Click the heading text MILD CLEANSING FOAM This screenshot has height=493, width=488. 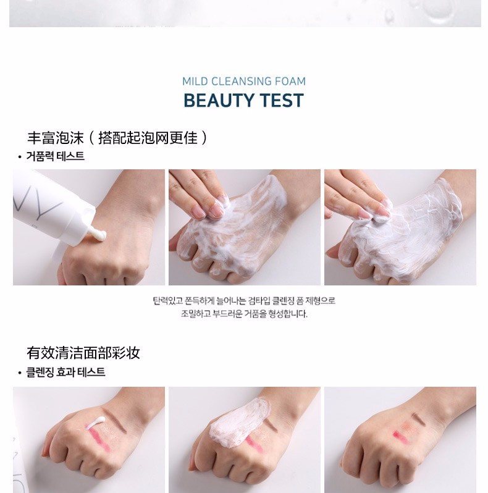point(243,82)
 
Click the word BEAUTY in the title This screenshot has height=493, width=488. point(216,101)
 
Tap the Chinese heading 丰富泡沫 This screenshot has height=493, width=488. point(56,138)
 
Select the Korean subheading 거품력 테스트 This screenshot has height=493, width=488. point(56,156)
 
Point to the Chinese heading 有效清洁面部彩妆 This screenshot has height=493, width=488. point(83,353)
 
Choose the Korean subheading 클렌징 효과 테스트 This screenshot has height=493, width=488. point(65,373)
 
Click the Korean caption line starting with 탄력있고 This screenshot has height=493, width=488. point(244,301)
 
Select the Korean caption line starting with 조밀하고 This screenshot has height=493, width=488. point(244,314)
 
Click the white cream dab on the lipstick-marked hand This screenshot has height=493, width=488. point(96,421)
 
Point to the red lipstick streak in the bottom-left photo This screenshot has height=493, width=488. point(100,439)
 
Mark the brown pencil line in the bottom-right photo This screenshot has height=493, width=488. point(419,418)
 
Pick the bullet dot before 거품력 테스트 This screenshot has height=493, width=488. point(20,157)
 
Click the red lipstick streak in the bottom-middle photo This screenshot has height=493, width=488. point(255,444)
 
